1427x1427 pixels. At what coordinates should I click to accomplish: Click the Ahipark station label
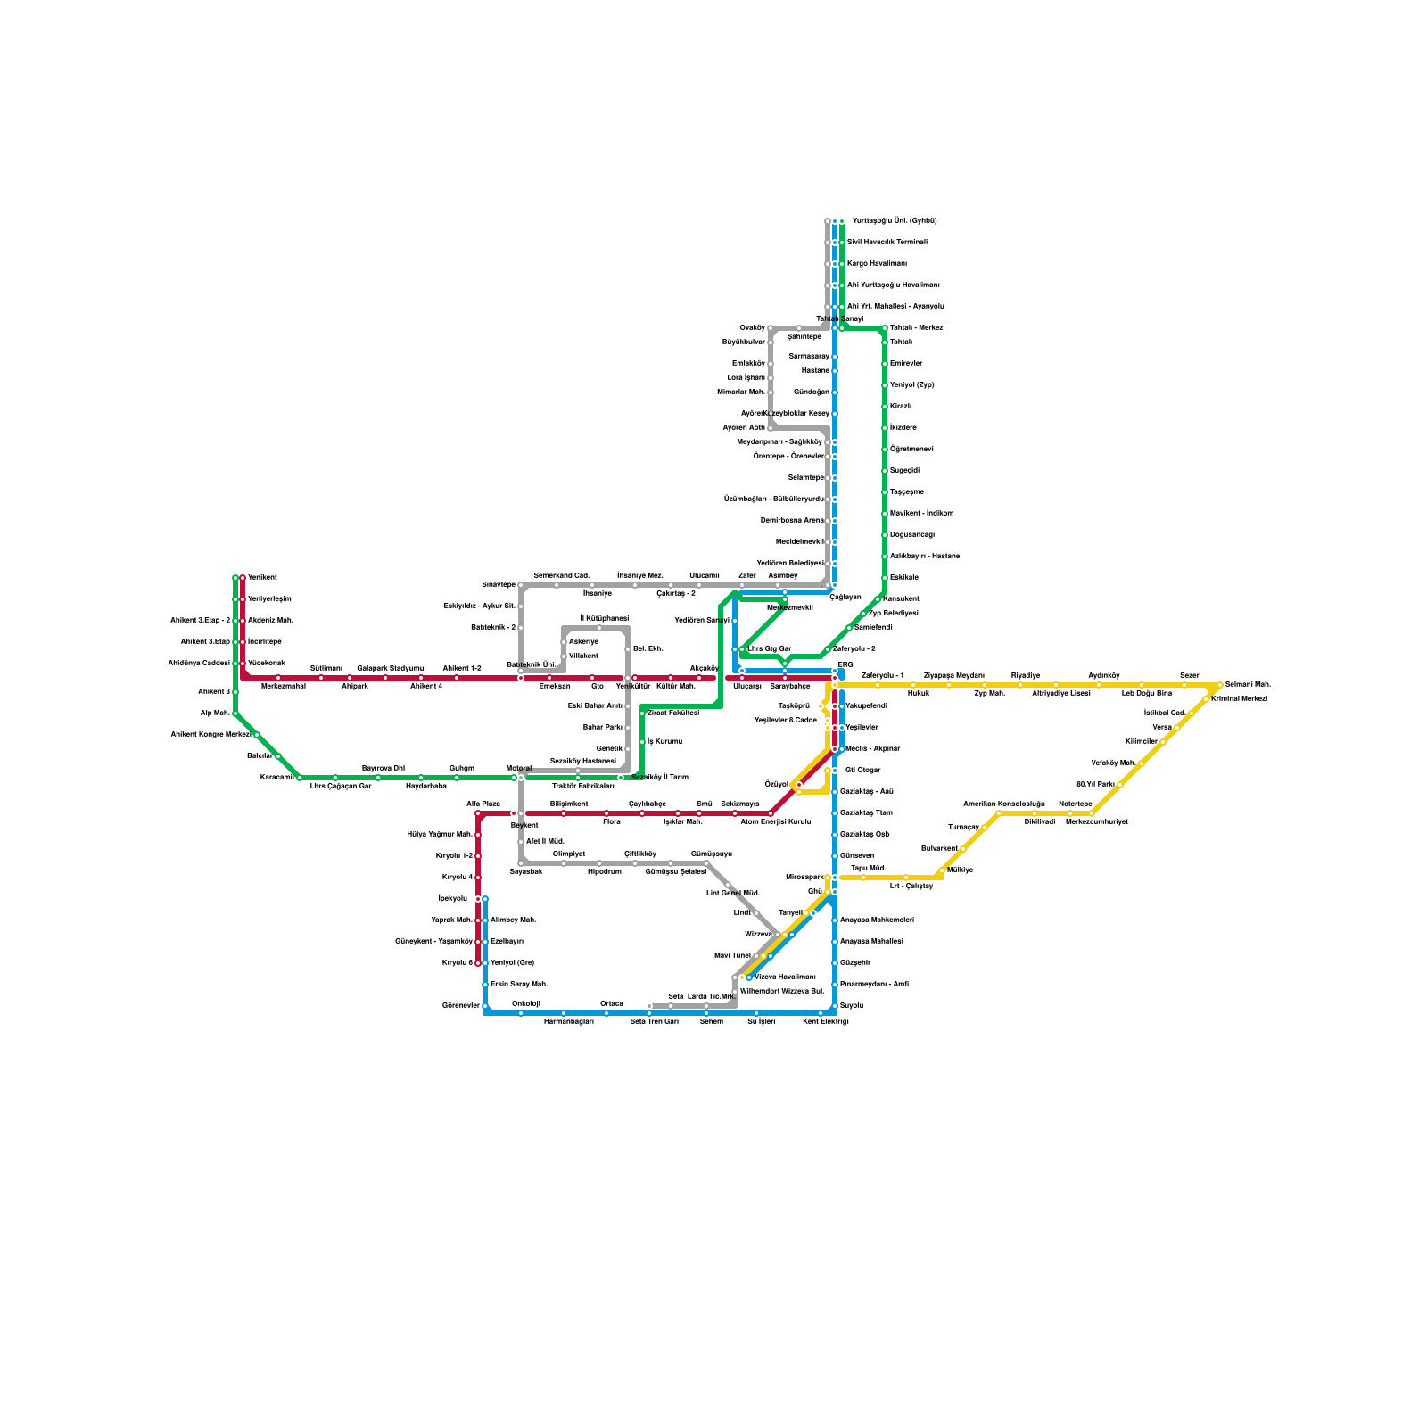pos(355,687)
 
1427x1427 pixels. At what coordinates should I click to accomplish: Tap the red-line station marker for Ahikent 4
pos(421,678)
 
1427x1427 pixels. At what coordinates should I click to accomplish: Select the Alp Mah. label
pos(215,713)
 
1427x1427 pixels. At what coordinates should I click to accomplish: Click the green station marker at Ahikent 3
pos(235,692)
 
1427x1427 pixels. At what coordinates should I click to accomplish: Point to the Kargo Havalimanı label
pos(877,264)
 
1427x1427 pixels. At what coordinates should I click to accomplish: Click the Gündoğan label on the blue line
pos(812,392)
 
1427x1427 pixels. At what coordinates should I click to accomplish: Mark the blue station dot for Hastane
pos(835,371)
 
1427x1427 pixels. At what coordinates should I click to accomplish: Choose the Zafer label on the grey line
pos(747,576)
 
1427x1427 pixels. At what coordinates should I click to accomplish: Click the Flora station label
pos(612,822)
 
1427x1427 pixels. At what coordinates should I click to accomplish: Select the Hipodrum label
pos(605,872)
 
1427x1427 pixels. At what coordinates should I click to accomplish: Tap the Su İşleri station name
pos(761,1022)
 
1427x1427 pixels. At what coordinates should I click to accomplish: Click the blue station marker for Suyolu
pos(835,1006)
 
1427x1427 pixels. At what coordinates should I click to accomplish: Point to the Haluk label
pos(919,694)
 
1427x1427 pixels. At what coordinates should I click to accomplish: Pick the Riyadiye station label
pos(1026,676)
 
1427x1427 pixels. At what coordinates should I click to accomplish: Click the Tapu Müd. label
pos(868,868)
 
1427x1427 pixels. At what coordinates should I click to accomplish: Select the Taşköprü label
pos(794,706)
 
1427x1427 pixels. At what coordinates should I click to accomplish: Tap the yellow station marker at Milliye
pos(942,870)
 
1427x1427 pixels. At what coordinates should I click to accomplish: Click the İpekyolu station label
pos(453,899)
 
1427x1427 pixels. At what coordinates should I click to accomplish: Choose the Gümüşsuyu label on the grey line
pos(711,854)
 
